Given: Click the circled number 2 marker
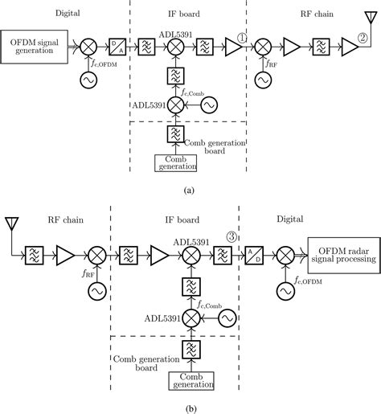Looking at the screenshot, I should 363,38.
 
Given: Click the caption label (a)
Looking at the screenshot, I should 189,191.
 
